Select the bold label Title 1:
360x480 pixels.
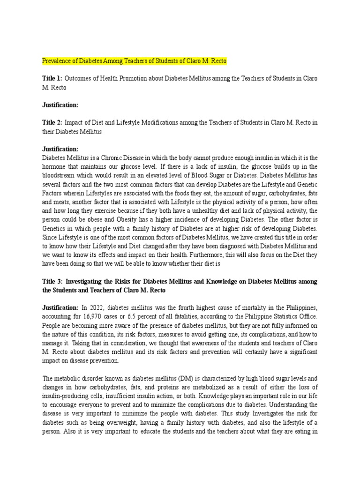52,79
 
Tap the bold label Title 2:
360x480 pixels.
52,122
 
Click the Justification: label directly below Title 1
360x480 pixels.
60,105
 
